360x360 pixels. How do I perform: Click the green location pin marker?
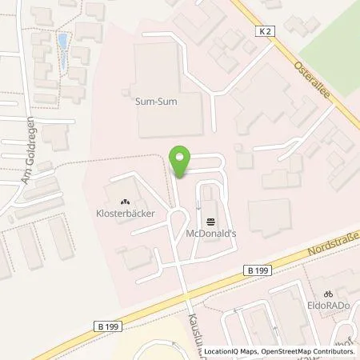coord(182,162)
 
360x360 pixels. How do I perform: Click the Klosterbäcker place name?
coord(126,214)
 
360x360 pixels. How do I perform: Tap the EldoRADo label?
coord(328,305)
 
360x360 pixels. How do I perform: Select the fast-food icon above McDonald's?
coord(210,221)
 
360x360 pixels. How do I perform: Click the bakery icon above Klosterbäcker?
coord(125,202)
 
